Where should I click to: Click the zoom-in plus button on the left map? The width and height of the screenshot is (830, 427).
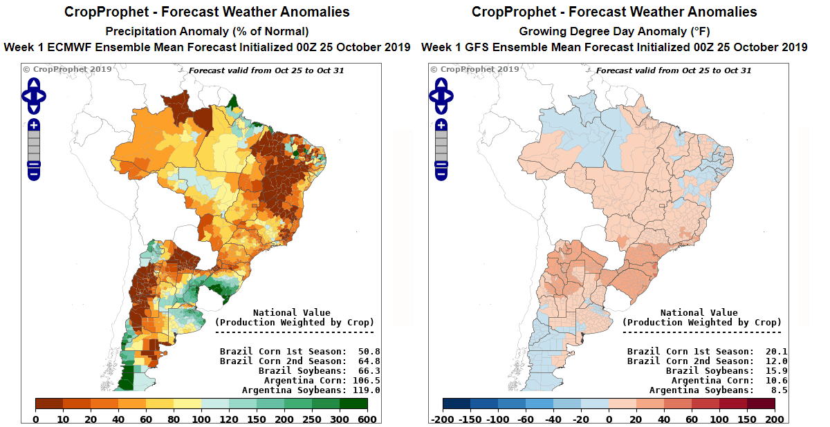[x=34, y=126]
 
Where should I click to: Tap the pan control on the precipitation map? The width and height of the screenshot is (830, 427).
[x=34, y=96]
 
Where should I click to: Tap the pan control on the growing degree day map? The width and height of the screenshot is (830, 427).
[x=441, y=96]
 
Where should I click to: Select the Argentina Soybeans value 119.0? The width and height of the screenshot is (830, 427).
[x=366, y=390]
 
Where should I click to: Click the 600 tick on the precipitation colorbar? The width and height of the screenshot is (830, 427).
[x=367, y=419]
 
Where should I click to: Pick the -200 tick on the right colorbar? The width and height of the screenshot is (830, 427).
[x=442, y=419]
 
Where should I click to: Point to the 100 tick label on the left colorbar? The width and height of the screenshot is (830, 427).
[x=201, y=419]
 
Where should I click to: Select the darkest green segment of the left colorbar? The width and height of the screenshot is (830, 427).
[x=353, y=404]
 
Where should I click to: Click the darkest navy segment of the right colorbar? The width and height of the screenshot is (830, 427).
[x=456, y=404]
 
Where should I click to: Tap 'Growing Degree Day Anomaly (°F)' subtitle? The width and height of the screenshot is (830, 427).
[x=614, y=32]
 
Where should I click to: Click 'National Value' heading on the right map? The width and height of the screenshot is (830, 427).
[x=699, y=313]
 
